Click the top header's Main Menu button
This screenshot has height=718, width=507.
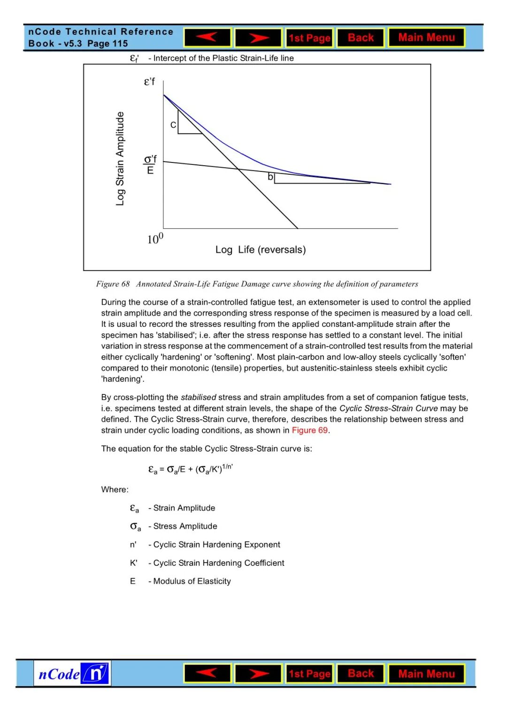[426, 38]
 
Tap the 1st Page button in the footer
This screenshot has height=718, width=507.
[309, 674]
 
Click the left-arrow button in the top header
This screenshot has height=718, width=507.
[207, 38]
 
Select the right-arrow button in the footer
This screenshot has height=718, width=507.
[258, 674]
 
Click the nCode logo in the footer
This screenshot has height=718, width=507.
[72, 673]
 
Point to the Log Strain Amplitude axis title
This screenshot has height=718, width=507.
[120, 159]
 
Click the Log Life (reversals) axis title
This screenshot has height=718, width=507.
[261, 250]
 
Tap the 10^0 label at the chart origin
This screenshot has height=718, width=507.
[155, 239]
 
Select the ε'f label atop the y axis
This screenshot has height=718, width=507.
[149, 82]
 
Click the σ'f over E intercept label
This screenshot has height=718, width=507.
[150, 164]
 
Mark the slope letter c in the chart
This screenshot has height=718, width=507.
[173, 125]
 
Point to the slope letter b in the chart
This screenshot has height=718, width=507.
[270, 177]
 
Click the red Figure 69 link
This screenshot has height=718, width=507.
[310, 430]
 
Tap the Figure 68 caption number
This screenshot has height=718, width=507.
[113, 284]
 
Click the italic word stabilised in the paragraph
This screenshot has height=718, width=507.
[198, 397]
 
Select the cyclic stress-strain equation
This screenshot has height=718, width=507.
[191, 469]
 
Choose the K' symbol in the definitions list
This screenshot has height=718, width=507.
[134, 563]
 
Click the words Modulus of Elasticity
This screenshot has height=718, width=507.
[192, 581]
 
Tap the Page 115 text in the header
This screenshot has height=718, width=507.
[108, 44]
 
